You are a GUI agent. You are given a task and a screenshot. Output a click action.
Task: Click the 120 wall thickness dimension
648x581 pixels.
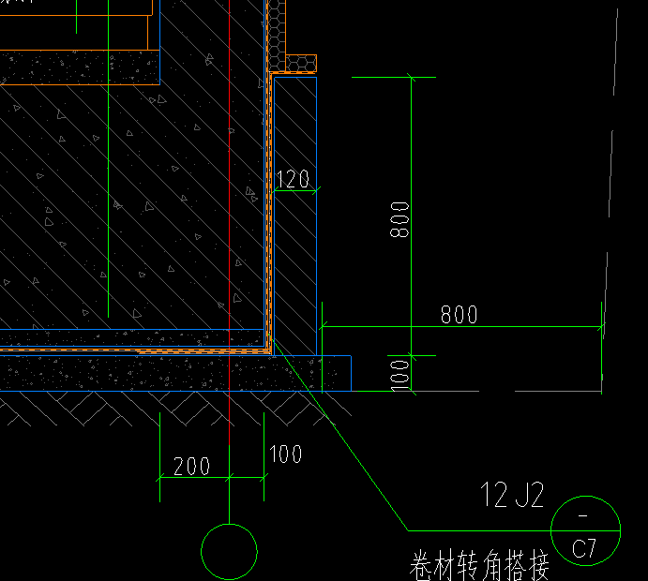(x=293, y=179)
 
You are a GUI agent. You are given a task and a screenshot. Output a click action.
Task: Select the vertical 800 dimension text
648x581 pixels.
(x=399, y=219)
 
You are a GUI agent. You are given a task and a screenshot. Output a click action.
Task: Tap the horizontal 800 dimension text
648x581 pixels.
(x=460, y=315)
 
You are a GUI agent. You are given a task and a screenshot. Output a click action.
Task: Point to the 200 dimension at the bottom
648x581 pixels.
(x=191, y=466)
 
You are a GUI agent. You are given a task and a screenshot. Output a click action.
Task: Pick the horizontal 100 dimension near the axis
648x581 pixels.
(x=285, y=454)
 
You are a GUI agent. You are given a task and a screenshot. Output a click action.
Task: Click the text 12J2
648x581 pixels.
(x=512, y=495)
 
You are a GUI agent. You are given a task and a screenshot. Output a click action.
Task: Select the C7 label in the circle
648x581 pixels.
(x=584, y=548)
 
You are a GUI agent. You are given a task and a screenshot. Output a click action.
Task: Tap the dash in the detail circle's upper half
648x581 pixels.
(x=583, y=515)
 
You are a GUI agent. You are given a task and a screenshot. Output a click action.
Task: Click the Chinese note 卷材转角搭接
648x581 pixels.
(x=479, y=565)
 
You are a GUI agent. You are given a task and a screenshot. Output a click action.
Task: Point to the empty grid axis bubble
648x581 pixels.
(x=230, y=524)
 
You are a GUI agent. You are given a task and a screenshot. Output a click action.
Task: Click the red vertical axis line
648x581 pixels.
(x=230, y=222)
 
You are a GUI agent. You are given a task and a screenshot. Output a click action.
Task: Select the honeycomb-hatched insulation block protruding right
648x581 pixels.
(x=301, y=64)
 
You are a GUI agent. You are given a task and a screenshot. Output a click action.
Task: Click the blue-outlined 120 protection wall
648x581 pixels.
(x=295, y=216)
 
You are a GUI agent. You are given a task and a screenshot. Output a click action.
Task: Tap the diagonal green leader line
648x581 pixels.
(x=339, y=435)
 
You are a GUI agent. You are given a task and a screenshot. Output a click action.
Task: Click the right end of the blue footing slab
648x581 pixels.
(x=351, y=373)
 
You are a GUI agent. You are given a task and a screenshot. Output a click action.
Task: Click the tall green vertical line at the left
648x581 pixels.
(x=108, y=158)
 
